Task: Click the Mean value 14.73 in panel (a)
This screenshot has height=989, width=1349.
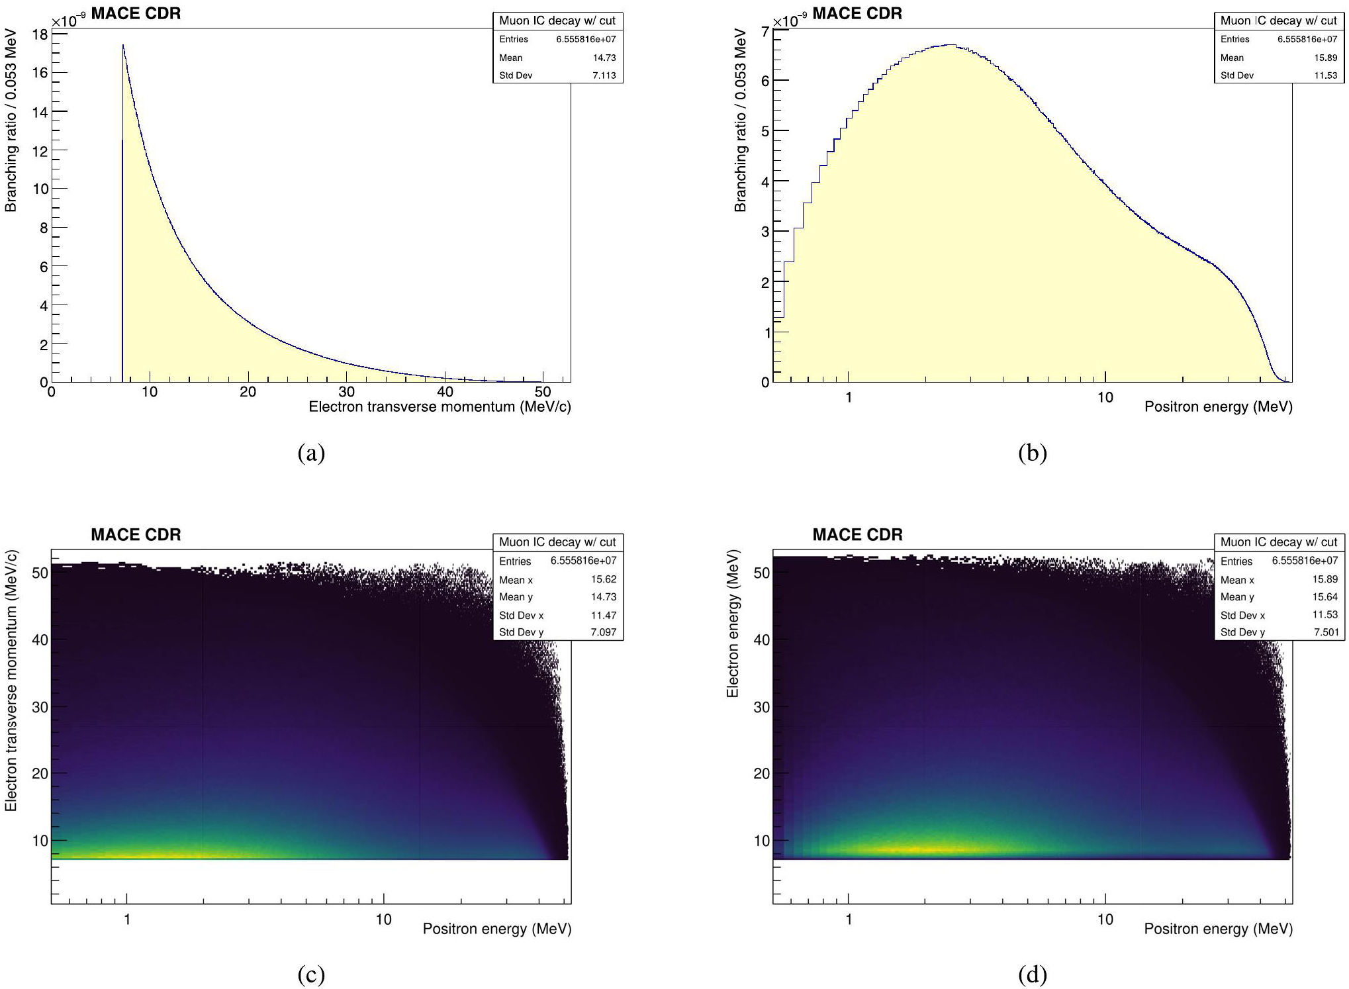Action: tap(604, 58)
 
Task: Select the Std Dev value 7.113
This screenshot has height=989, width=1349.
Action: tap(604, 75)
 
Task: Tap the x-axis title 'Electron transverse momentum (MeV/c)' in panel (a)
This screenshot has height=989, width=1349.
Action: tap(440, 406)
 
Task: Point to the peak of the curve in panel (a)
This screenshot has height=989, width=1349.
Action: tap(123, 46)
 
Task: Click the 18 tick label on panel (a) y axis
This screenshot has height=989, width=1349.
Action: tap(40, 34)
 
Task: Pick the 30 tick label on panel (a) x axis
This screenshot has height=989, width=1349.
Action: tap(346, 392)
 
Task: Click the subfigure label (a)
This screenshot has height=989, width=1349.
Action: tap(311, 453)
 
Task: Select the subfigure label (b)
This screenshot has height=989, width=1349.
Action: tap(1033, 453)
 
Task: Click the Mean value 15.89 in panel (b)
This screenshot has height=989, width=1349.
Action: tap(1325, 58)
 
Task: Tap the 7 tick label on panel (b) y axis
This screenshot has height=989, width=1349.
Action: tap(765, 31)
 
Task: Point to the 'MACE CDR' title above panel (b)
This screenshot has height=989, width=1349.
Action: tap(857, 13)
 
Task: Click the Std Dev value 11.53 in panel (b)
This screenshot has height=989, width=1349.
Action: tap(1325, 75)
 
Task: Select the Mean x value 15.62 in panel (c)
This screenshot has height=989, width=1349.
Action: tap(604, 579)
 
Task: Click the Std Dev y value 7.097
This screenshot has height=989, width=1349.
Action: tap(604, 632)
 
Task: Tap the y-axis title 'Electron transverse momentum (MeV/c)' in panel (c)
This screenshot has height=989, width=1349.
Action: tap(11, 681)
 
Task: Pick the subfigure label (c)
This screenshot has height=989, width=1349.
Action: tap(311, 974)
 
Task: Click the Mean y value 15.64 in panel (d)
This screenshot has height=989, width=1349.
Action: tap(1325, 596)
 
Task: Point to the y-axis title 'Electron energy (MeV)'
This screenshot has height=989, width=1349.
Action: tap(733, 623)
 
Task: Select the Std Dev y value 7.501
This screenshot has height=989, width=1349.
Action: tap(1325, 632)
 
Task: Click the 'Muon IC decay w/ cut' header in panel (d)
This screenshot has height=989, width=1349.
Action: tap(1279, 542)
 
